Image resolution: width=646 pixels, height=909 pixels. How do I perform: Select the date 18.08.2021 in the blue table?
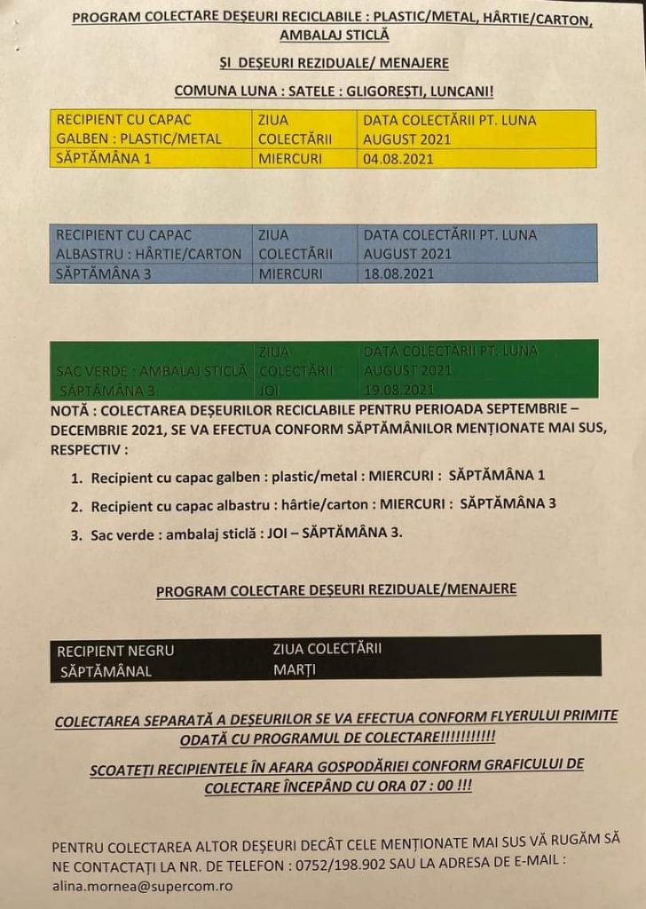tap(398, 273)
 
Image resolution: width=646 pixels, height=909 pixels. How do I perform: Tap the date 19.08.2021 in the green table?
tap(398, 389)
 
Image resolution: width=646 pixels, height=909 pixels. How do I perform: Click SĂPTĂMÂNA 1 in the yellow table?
tap(104, 159)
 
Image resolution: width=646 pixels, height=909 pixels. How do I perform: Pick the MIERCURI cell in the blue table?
tap(291, 273)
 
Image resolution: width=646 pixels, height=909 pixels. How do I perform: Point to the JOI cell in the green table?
tap(267, 389)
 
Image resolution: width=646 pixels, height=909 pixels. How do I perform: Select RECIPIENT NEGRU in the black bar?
tap(115, 650)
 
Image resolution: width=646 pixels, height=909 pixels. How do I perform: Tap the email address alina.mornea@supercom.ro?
tap(143, 886)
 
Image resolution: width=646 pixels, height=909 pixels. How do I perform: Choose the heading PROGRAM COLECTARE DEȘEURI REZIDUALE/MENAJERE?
tap(336, 589)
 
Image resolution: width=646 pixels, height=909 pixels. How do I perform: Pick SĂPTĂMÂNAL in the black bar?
tap(106, 671)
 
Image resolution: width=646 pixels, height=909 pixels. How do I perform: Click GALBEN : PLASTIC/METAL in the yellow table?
tap(139, 139)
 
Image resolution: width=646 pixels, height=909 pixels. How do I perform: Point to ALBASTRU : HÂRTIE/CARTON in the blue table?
tap(148, 254)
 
